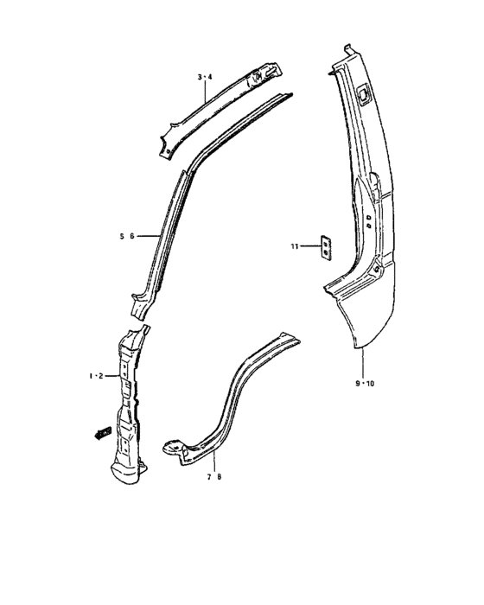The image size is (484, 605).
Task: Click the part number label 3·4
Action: [204, 78]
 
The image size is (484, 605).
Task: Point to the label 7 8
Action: [213, 476]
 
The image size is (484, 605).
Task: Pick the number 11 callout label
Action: [295, 247]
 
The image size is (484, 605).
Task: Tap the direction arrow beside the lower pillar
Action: [102, 431]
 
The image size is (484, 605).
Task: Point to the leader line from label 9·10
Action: [363, 363]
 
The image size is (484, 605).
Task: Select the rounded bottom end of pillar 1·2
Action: [126, 470]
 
